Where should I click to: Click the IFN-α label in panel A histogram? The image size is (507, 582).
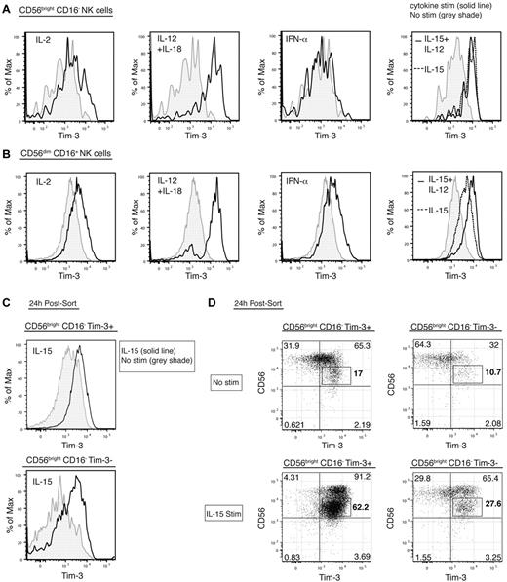click(289, 40)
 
